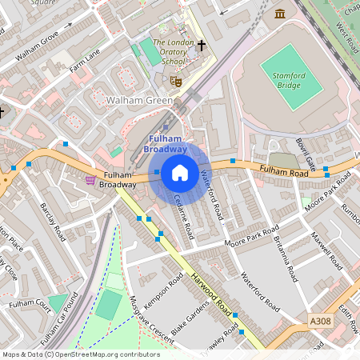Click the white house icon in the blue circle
tap(180, 172)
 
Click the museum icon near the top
tap(280, 14)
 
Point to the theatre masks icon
tap(177, 80)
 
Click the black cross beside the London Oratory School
tap(202, 46)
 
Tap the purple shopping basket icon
tap(90, 180)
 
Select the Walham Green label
tap(139, 101)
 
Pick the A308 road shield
tap(320, 321)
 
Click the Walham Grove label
tap(37, 46)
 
